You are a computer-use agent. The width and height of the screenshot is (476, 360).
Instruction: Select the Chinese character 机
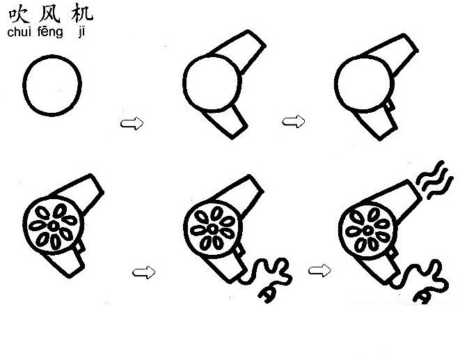(x=81, y=15)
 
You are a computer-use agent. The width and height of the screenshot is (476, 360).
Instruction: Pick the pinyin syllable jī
(x=81, y=33)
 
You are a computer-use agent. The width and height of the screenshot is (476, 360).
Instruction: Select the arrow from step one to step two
(x=132, y=123)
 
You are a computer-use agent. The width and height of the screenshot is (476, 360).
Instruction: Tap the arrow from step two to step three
(x=294, y=122)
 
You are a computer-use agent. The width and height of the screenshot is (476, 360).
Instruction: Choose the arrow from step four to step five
(x=143, y=272)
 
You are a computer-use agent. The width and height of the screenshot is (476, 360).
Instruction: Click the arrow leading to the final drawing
(x=319, y=269)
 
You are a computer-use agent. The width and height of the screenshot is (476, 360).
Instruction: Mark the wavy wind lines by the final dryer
(x=435, y=180)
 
